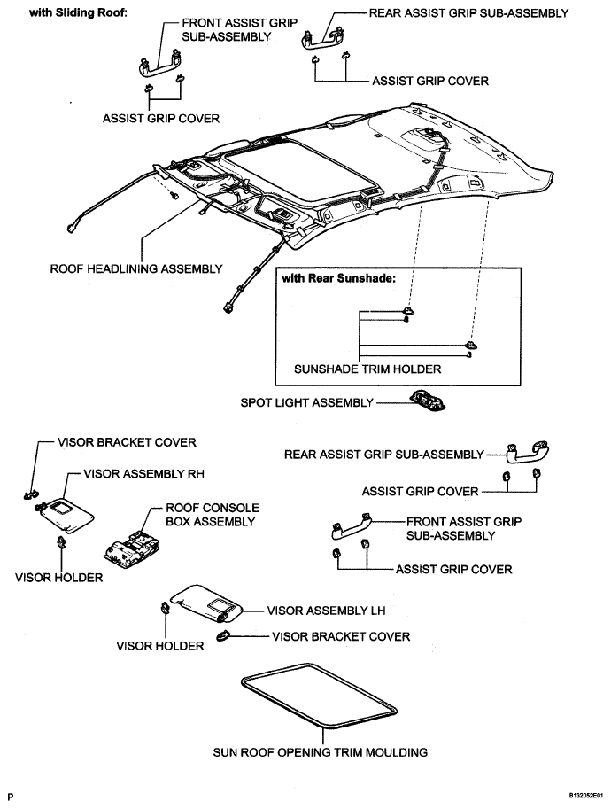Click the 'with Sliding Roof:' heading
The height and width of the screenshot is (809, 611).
pos(78,12)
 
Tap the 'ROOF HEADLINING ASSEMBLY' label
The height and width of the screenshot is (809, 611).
pos(136,268)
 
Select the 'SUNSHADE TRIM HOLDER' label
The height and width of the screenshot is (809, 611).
pos(367,369)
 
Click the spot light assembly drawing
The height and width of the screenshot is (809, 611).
pos(428,401)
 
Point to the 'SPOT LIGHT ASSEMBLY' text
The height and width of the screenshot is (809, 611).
pos(306,402)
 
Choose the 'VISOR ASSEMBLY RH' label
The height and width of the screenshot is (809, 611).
pos(143,474)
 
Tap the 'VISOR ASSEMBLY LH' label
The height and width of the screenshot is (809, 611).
pos(327,611)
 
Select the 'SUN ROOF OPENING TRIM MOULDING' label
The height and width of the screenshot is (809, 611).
pos(321,752)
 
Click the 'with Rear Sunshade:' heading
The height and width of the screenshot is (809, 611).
pos(339,278)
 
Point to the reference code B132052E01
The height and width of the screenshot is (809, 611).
pos(585,796)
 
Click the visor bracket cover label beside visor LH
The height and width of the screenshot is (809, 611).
pos(341,637)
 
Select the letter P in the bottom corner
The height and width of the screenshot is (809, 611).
pos(11,797)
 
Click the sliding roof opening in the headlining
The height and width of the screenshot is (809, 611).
pos(302,171)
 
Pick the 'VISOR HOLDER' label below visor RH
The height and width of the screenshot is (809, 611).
pos(58,578)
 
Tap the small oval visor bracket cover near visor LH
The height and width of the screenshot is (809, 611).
pos(224,635)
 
